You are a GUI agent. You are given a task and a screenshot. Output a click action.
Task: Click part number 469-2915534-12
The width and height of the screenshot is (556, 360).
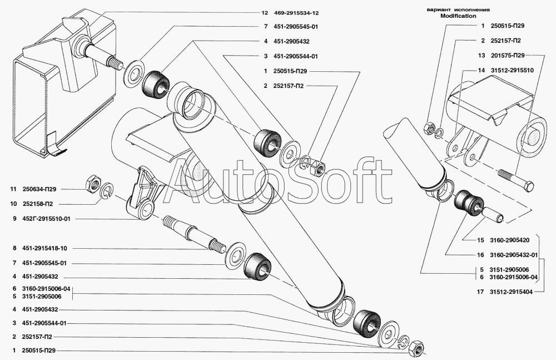coord(296,13)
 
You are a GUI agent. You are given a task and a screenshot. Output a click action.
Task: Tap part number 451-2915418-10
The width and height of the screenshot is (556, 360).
coord(44,249)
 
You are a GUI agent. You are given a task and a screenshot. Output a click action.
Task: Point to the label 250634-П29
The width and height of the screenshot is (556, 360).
coord(39,190)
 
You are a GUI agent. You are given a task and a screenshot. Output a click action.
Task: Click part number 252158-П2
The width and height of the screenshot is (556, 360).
coord(37,204)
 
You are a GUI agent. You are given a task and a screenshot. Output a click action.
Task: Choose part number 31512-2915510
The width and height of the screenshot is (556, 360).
coord(512,70)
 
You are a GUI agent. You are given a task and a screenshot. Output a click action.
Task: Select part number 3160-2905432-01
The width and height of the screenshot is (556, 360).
coord(514,255)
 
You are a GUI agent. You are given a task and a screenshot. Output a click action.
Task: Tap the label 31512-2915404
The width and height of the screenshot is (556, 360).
coord(512,292)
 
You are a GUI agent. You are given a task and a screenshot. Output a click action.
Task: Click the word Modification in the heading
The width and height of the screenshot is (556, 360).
coord(458,16)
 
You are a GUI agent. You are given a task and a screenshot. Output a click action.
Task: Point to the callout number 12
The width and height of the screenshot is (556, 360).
coord(265,13)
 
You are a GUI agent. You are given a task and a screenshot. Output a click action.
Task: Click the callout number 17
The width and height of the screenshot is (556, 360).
coord(480,292)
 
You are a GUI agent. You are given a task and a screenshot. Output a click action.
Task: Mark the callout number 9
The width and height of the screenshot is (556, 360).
coord(14,219)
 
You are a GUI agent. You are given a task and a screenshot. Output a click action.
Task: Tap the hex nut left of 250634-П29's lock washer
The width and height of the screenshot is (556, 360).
coord(92,183)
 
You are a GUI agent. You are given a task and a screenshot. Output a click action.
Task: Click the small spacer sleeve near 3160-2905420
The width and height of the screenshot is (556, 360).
coord(492,214)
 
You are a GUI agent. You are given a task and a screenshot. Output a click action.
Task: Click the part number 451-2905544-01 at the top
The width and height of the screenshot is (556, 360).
coord(296,56)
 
